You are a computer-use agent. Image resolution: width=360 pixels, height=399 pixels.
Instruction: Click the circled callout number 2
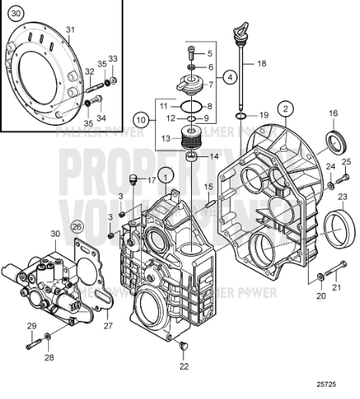285,108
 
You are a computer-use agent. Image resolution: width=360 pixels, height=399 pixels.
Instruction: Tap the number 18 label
261,63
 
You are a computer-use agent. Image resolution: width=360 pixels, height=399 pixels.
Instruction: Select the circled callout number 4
230,75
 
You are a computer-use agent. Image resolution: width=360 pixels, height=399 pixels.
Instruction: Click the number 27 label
110,324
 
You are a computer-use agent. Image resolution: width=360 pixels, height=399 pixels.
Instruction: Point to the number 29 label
30,327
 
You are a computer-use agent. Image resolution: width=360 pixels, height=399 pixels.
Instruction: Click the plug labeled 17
132,181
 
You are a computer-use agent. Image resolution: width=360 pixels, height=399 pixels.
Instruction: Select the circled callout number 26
78,228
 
